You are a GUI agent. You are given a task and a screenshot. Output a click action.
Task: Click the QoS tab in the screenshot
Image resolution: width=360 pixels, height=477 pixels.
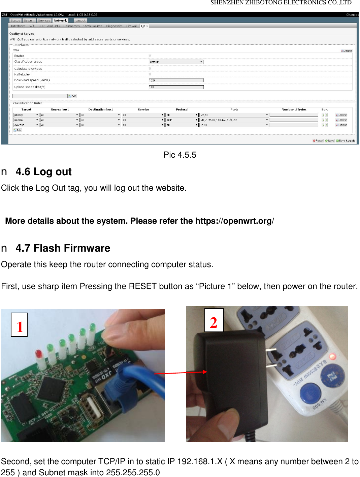tap(144, 26)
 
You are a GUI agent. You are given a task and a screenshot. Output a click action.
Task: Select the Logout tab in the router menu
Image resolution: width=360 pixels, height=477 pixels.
tap(80, 21)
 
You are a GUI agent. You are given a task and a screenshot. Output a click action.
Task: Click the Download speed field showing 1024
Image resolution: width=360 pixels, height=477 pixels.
tap(176, 80)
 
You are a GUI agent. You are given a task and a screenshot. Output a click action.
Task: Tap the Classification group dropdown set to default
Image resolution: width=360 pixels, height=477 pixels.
tap(176, 62)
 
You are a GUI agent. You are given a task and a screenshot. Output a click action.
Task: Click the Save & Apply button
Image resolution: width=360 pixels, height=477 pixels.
tap(346, 141)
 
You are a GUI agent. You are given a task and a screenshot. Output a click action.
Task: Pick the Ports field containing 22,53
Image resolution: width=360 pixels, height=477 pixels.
tap(234, 115)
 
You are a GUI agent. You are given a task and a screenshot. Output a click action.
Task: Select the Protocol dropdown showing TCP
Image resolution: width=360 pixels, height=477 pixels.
tap(182, 120)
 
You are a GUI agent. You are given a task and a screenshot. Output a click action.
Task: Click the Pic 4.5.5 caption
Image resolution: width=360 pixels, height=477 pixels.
tap(180, 155)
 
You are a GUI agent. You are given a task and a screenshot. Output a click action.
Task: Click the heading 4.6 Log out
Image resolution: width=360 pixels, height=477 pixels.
tap(43, 172)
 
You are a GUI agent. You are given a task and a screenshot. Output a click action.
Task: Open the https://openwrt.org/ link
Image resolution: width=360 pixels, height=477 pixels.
tap(234, 221)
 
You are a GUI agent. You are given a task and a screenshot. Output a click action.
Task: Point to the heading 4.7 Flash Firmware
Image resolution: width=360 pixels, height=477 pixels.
tap(63, 248)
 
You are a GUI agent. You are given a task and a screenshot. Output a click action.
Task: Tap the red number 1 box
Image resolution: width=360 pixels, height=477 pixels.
tap(19, 325)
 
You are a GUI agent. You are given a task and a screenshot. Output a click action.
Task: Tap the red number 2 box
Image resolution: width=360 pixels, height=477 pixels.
tap(214, 320)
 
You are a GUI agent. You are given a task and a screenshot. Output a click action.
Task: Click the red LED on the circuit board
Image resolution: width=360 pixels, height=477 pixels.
tap(39, 355)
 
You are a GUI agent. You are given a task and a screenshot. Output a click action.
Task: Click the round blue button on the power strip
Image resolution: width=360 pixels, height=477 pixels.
tap(309, 393)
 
